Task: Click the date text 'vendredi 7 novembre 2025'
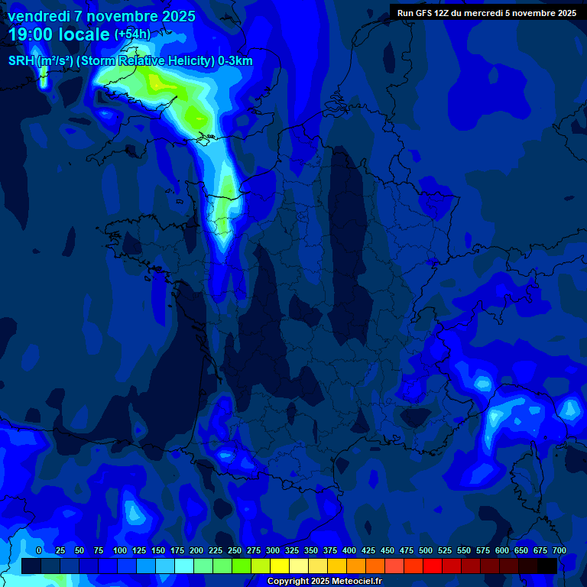click(x=101, y=16)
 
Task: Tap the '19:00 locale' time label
click(x=59, y=34)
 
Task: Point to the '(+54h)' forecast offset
click(x=132, y=34)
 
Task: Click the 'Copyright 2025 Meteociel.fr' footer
click(x=324, y=581)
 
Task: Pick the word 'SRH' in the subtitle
click(x=21, y=61)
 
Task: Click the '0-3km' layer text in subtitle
click(x=235, y=61)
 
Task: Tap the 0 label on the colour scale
click(x=39, y=551)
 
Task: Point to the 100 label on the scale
click(x=120, y=551)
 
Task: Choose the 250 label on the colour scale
click(x=235, y=551)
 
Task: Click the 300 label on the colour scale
click(x=273, y=551)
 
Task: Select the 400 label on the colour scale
click(x=349, y=551)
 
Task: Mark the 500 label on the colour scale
click(x=426, y=551)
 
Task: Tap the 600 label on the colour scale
click(x=502, y=551)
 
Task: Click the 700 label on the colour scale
click(x=559, y=551)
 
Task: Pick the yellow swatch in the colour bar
click(x=279, y=566)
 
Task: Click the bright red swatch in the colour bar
click(x=433, y=566)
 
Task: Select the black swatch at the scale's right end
click(x=546, y=566)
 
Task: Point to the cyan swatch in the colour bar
click(x=183, y=566)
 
